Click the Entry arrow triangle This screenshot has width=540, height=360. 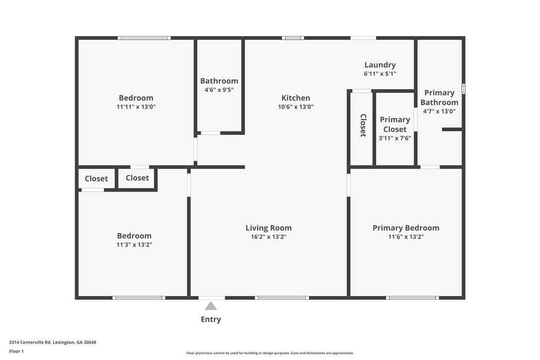pos(211,306)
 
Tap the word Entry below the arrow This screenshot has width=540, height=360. pos(211,319)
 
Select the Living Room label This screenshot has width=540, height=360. pos(269,228)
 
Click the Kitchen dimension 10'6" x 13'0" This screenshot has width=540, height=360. pos(296,107)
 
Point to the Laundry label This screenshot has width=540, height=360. pos(380,65)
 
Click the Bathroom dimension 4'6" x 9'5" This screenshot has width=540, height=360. pos(219,90)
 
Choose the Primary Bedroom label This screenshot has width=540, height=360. pos(406,228)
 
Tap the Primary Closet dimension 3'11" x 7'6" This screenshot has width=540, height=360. pos(395,138)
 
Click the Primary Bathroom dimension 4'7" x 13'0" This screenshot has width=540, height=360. pos(440,111)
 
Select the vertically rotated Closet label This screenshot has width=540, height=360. pos(363,125)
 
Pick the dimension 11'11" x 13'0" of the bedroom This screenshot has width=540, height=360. pos(136,107)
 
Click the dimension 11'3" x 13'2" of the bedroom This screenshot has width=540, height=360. pos(134,245)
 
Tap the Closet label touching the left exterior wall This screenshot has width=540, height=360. pos(96,179)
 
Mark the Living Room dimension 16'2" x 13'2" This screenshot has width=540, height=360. pos(269,237)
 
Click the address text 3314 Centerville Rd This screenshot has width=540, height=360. pos(30,342)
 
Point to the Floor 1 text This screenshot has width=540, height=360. pos(16,352)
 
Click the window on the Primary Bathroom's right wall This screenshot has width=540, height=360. pos(463,89)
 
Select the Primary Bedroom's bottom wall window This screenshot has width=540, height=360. pos(412,298)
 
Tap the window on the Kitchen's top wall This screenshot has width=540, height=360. pos(293,38)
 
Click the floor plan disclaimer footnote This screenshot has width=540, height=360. pos(270,353)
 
